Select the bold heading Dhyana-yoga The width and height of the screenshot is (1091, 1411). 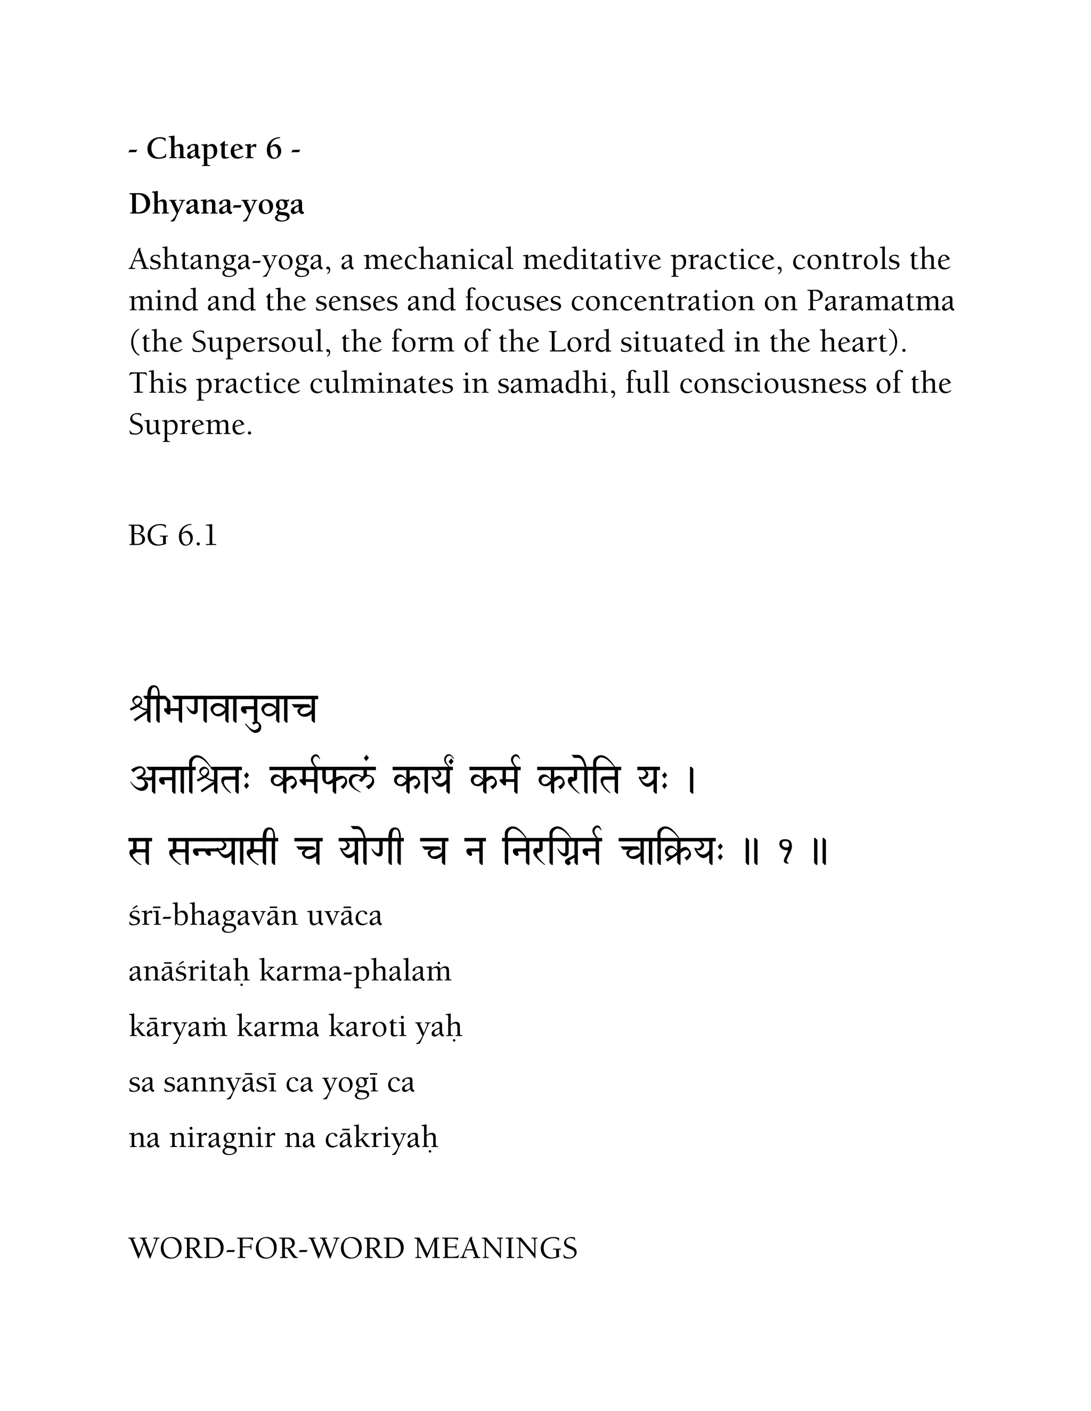pos(216,205)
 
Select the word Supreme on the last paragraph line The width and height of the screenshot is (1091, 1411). pos(190,425)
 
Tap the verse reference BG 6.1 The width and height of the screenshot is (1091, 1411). pos(173,536)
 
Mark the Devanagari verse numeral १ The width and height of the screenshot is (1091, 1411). pos(785,854)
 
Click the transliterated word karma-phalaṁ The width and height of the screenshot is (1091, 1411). pos(355,972)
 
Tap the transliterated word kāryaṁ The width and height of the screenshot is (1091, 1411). pos(178,1027)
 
